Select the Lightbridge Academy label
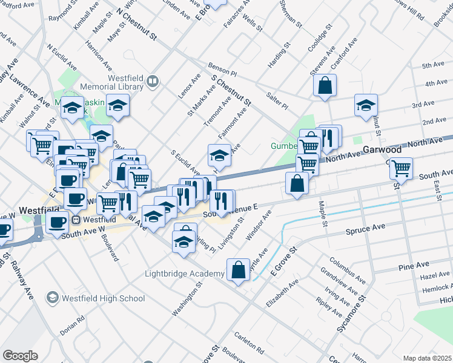click(185, 274)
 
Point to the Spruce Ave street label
click(365, 229)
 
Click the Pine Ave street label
click(414, 266)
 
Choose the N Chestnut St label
click(136, 25)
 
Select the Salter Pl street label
click(277, 100)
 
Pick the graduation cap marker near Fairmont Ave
click(219, 155)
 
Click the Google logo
click(20, 356)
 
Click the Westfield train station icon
click(77, 220)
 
